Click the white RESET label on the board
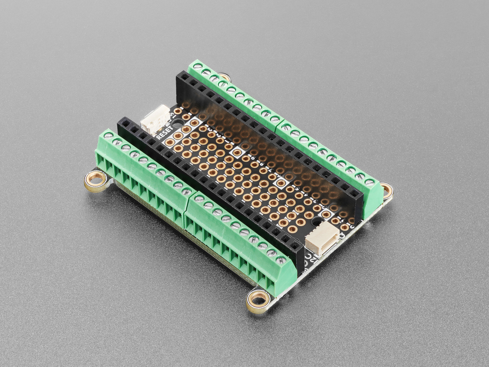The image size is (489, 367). click(x=164, y=134)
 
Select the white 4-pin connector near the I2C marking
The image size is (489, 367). click(x=321, y=238)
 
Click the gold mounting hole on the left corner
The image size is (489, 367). click(x=95, y=178)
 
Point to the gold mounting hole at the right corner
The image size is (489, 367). click(x=387, y=190)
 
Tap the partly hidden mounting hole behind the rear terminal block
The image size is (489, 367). click(x=224, y=78)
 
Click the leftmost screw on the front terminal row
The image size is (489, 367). click(x=108, y=136)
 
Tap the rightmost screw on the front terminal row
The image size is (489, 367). click(x=281, y=260)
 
